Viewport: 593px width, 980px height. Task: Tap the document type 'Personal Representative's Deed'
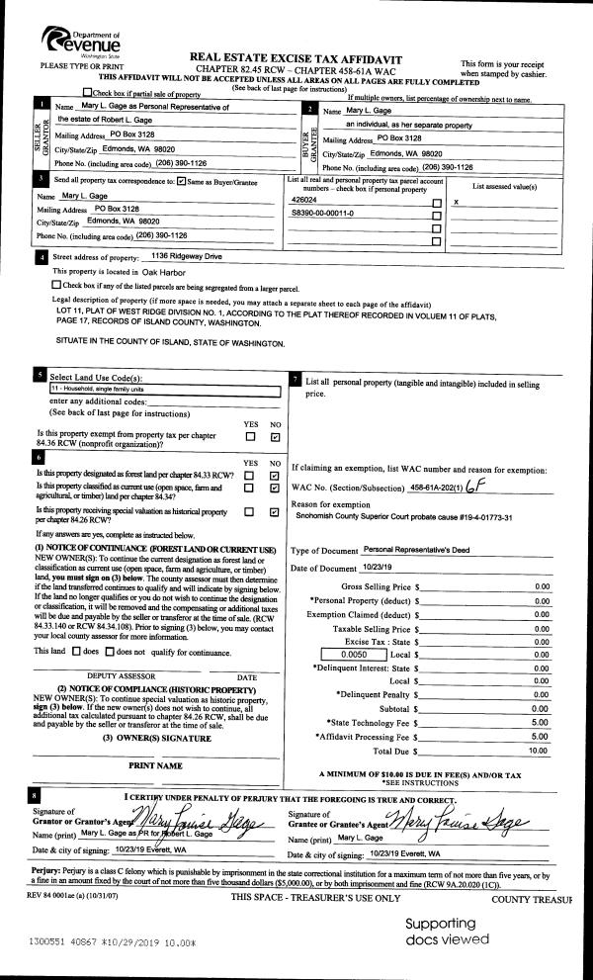(x=426, y=548)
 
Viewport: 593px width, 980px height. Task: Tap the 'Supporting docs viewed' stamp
(x=447, y=931)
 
